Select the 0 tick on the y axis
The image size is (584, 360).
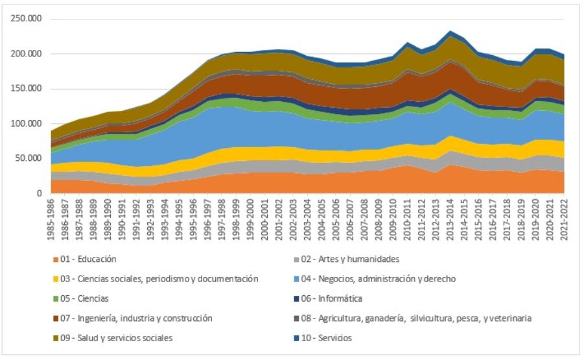click(39, 193)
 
